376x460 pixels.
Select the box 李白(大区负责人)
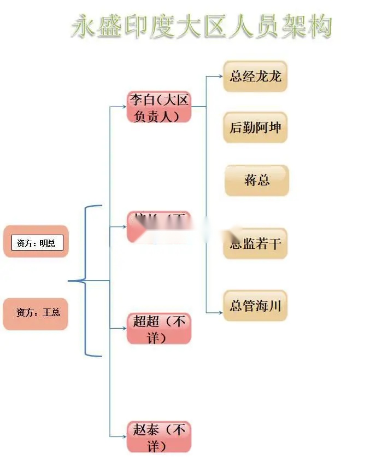click(158, 107)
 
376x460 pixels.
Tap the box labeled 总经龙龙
click(255, 76)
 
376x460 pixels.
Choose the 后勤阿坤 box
click(255, 127)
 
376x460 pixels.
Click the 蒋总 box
click(256, 180)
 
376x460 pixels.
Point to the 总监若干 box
click(255, 243)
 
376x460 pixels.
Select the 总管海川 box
click(255, 305)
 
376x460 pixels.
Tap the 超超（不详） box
click(159, 328)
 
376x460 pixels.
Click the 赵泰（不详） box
click(159, 436)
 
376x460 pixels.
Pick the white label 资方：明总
click(37, 243)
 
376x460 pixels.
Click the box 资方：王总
click(36, 313)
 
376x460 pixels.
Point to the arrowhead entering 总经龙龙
click(220, 76)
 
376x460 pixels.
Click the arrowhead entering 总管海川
click(220, 312)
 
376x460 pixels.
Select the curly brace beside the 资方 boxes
click(87, 281)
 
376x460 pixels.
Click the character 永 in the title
click(85, 26)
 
